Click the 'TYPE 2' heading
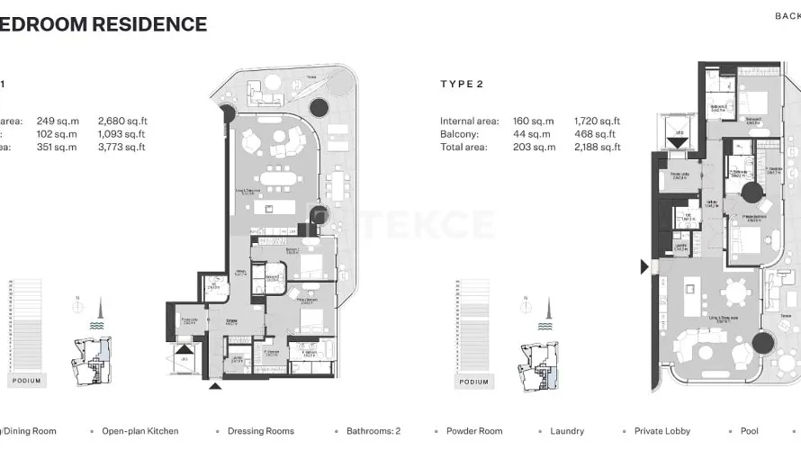click(x=462, y=85)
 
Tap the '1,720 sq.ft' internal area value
click(x=597, y=121)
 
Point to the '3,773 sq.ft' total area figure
click(x=121, y=147)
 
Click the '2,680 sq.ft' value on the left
click(x=122, y=121)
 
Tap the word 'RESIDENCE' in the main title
click(x=149, y=24)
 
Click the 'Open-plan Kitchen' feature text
click(x=139, y=431)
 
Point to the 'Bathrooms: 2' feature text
click(x=374, y=431)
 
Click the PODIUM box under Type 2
click(x=473, y=382)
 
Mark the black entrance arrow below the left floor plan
click(x=214, y=387)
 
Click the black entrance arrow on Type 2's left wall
click(x=643, y=267)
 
